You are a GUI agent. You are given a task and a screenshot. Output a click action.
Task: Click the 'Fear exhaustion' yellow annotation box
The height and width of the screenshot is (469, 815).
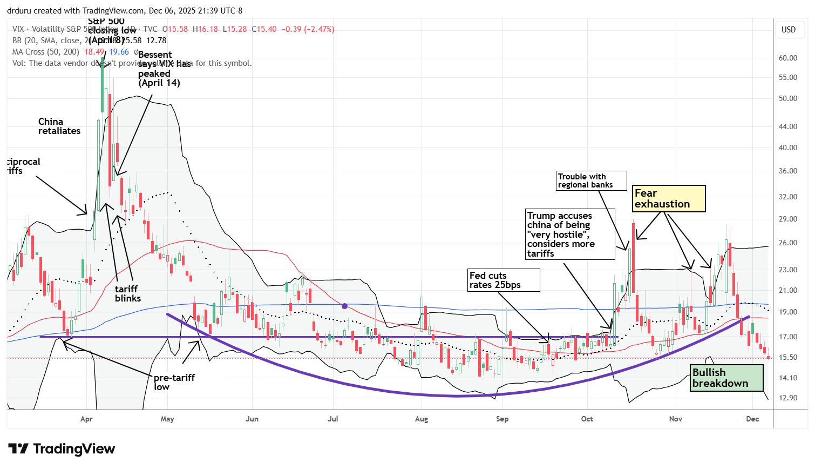[669, 198]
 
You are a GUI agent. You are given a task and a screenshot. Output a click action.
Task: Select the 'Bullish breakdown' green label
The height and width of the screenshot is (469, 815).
[727, 378]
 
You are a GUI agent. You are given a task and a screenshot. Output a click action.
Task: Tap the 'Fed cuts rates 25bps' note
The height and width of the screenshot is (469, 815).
[504, 280]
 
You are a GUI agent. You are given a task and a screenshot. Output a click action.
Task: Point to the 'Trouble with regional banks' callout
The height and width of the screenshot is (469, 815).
[592, 180]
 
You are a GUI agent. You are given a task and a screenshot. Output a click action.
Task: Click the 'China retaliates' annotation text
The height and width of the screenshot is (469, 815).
[59, 126]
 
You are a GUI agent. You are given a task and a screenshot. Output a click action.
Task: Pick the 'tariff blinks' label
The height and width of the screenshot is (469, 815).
[127, 293]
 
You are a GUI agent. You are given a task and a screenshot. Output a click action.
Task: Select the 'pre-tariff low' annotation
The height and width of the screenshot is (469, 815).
[174, 382]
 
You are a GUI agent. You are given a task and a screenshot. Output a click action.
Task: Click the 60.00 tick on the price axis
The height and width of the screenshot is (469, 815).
[788, 58]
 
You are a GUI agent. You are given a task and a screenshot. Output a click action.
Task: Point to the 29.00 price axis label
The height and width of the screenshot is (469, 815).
[788, 219]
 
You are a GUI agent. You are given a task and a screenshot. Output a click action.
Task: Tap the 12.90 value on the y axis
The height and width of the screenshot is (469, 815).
[788, 398]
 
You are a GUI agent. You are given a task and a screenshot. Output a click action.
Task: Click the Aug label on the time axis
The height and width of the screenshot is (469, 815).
[421, 419]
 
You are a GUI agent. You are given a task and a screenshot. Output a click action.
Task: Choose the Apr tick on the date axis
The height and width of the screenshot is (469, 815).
[86, 419]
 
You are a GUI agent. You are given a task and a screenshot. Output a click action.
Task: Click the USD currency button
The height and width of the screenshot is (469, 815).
[789, 30]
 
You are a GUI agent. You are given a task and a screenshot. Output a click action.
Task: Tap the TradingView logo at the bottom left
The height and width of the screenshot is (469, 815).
[62, 449]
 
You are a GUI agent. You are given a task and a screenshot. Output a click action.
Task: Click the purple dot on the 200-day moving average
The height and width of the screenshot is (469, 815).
[345, 306]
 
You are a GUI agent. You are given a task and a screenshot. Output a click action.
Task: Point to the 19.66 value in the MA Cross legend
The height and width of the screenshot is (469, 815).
[119, 52]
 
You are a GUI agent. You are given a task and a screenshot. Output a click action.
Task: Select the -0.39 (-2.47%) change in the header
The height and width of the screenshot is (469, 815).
[308, 29]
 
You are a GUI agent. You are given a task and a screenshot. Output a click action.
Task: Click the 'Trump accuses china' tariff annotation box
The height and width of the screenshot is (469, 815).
[569, 234]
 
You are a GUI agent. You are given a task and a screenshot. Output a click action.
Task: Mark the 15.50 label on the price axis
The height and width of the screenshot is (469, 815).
[788, 357]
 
